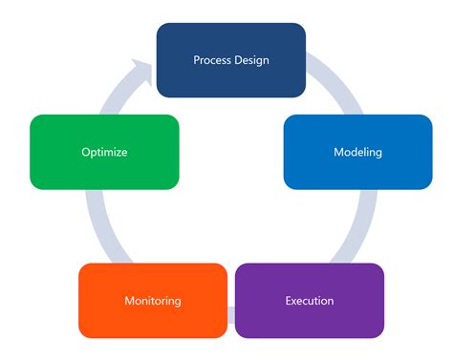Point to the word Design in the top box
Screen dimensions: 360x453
[251, 60]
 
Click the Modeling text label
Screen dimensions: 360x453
[357, 153]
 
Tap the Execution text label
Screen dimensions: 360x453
[309, 301]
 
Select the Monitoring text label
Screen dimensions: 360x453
[153, 301]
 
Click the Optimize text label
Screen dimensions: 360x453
[104, 152]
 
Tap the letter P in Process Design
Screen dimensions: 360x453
[197, 60]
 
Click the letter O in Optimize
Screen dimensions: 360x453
[85, 152]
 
